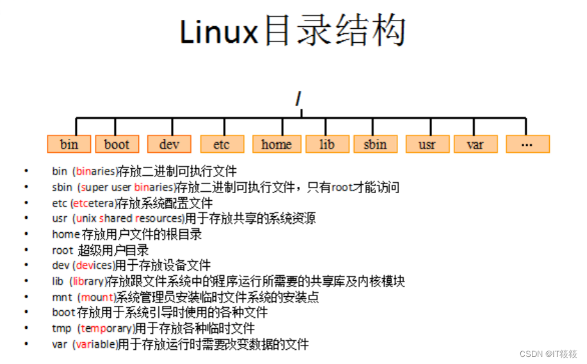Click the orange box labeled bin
click(69, 144)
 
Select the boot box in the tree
click(117, 144)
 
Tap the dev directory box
click(169, 144)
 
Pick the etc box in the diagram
click(221, 144)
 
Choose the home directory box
click(276, 144)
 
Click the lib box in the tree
click(327, 144)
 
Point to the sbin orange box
click(375, 144)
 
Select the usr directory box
click(427, 144)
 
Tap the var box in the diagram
click(475, 144)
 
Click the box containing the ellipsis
click(527, 144)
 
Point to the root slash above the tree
click(299, 100)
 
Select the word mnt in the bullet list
click(62, 297)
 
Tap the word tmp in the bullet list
click(62, 329)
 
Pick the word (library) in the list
click(87, 281)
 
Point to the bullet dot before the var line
click(26, 344)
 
